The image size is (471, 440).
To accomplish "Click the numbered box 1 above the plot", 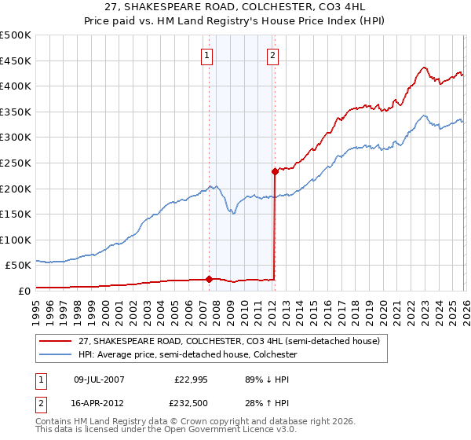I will pos(206,55).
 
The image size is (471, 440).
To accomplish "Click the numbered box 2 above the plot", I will pos(272,55).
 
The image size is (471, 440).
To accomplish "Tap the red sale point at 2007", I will pos(209,278).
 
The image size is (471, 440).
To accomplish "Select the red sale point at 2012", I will pos(275,171).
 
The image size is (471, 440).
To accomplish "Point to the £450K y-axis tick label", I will pos(16,60).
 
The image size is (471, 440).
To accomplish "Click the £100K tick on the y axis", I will pos(16,240).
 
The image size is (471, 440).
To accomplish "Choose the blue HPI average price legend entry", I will pos(187,355).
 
